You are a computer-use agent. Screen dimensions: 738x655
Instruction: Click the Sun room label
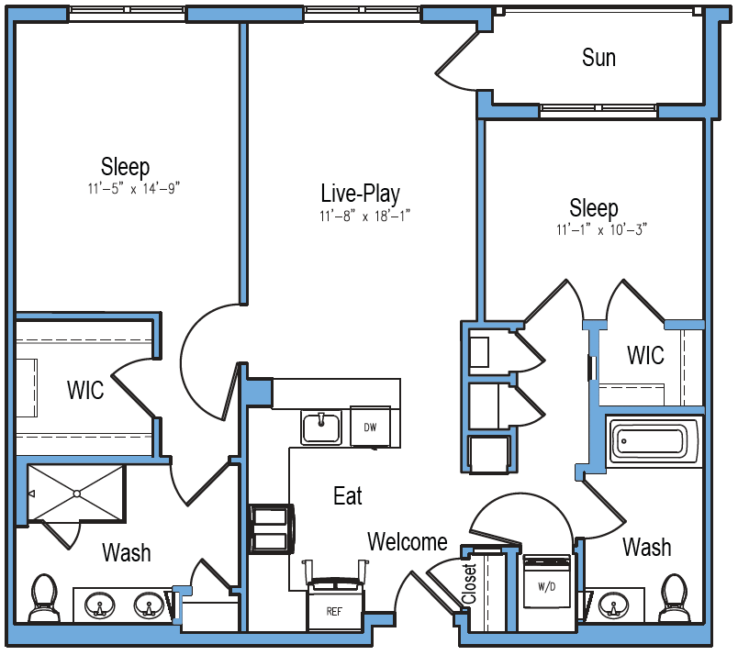(x=598, y=58)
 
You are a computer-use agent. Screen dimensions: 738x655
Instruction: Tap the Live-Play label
(x=361, y=194)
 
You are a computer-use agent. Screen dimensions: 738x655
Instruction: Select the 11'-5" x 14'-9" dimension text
(x=134, y=188)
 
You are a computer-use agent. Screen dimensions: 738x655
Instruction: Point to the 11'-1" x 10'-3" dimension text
(x=601, y=229)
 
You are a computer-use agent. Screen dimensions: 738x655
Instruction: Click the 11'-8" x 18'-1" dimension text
(x=364, y=216)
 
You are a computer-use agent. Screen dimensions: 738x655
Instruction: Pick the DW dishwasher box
(x=371, y=427)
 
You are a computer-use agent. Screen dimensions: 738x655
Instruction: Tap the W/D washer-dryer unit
(x=547, y=582)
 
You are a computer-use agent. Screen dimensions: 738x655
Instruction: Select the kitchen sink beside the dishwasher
(x=321, y=427)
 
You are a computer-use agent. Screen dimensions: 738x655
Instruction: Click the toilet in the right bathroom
(x=674, y=597)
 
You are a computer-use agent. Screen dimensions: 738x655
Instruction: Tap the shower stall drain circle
(x=77, y=494)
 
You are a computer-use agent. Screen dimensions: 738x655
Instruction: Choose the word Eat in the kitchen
(x=348, y=496)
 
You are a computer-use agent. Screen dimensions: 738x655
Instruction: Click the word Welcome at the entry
(x=408, y=541)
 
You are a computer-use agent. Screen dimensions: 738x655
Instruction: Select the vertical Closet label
(x=470, y=584)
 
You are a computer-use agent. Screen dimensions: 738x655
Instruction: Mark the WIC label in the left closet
(x=85, y=390)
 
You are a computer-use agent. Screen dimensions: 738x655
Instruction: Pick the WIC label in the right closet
(x=646, y=355)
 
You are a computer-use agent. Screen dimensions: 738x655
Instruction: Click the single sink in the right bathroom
(x=614, y=605)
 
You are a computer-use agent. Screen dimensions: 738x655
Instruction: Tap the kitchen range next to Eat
(x=272, y=529)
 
